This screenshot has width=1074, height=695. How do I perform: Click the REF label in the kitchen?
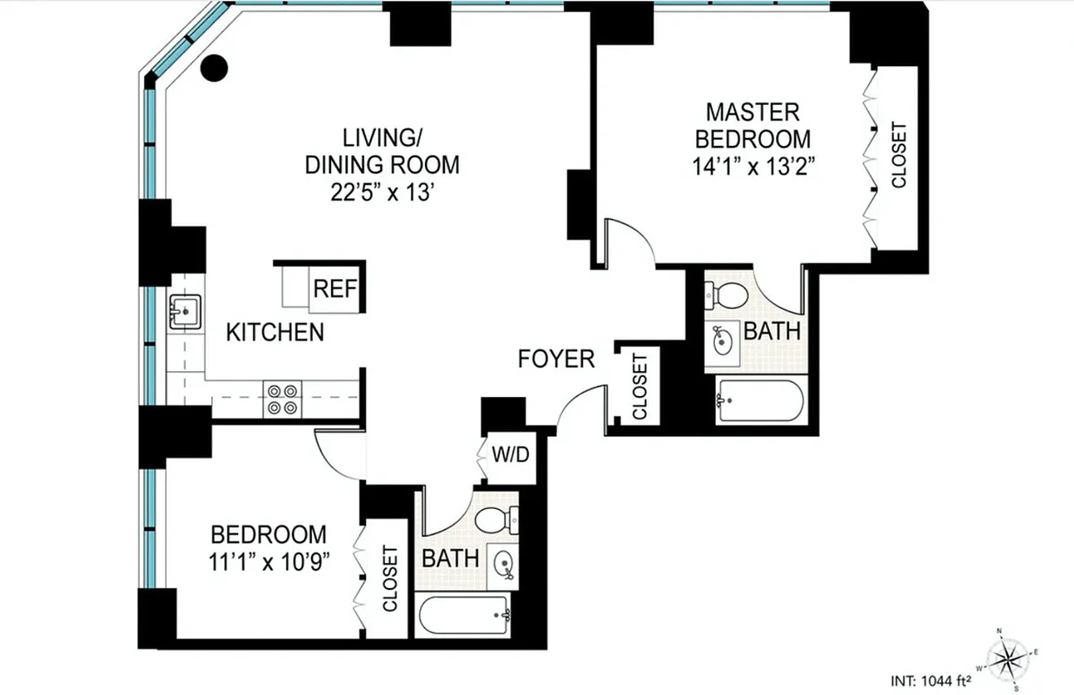coord(335,288)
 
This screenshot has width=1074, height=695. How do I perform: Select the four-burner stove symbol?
coord(282,400)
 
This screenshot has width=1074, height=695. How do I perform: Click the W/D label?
coord(509,454)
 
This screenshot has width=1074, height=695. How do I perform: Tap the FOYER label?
coord(556,358)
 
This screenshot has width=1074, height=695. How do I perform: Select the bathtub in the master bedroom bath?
coord(761,400)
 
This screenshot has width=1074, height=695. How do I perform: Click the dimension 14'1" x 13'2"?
coord(752,165)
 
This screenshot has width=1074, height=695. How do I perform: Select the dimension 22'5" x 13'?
coord(381,190)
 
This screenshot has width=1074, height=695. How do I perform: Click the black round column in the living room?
coord(214,67)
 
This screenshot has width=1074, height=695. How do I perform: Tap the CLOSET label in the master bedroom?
coord(898,156)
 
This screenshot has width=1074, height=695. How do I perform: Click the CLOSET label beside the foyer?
coord(640,386)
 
